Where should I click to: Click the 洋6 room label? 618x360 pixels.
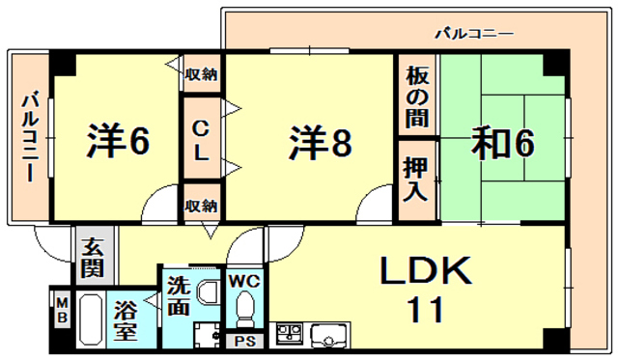point(118,142)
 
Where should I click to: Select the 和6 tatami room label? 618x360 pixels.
point(503,142)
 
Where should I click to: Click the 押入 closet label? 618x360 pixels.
point(416,179)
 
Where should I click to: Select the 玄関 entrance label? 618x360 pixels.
point(94,257)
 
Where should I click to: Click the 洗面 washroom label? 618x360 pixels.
point(180,296)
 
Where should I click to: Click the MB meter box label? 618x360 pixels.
point(61,310)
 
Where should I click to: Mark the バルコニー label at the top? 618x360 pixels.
point(473,35)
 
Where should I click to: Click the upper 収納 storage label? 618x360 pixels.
point(201,74)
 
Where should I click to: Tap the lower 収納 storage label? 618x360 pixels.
point(201,206)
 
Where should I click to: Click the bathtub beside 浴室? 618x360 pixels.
point(90,321)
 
